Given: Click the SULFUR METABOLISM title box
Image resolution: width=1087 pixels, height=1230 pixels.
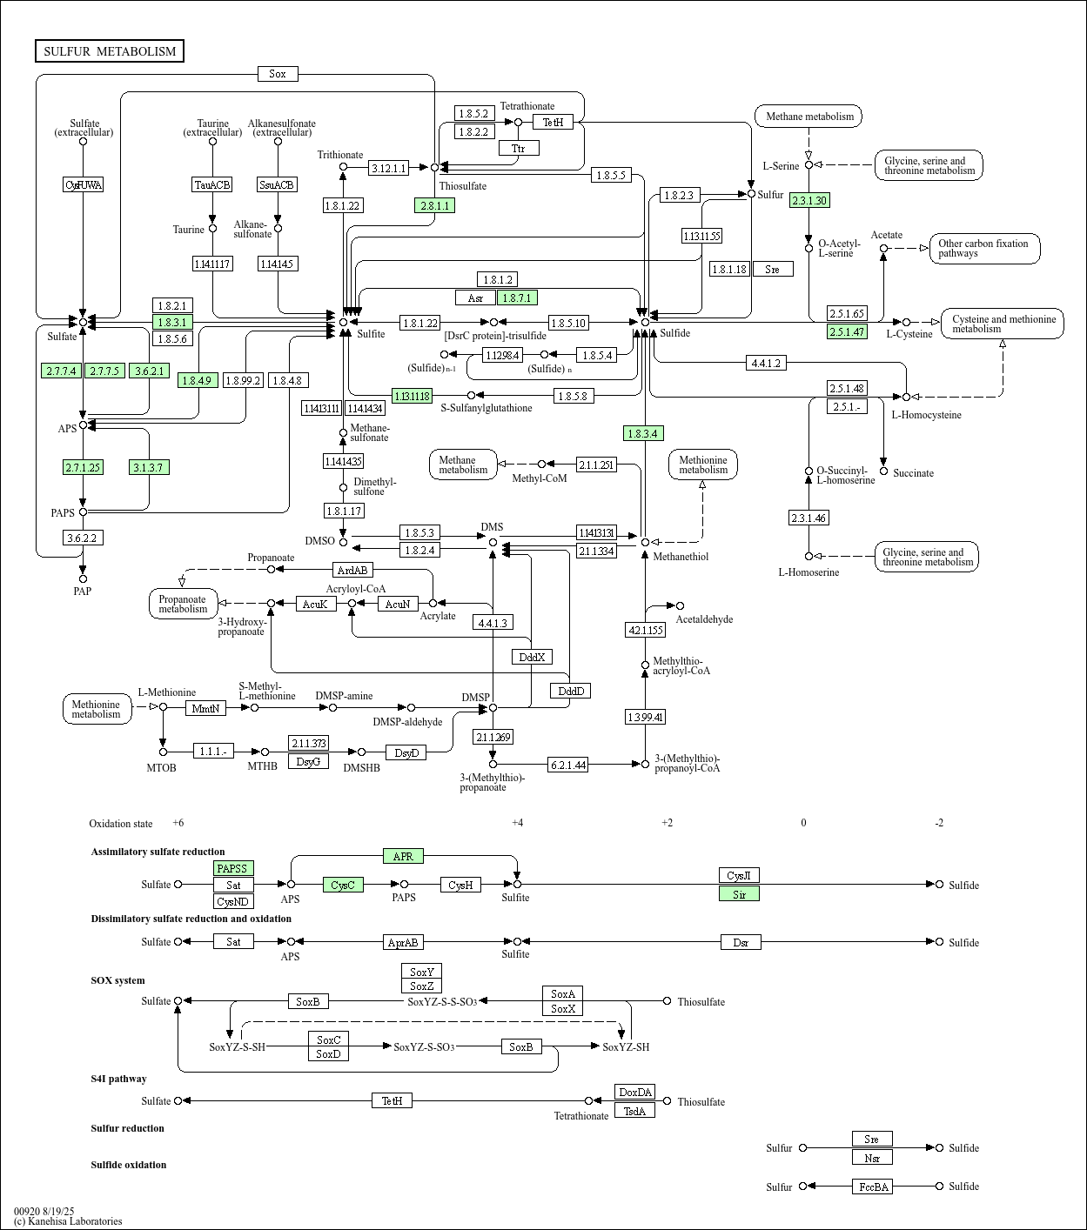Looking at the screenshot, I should pyautogui.click(x=110, y=51).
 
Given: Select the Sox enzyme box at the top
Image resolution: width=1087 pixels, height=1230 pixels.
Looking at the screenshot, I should pyautogui.click(x=278, y=74).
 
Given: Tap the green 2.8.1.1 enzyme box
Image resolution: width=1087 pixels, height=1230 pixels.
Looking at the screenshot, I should pyautogui.click(x=434, y=205).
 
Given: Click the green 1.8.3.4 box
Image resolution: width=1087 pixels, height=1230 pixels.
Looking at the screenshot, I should pyautogui.click(x=643, y=433).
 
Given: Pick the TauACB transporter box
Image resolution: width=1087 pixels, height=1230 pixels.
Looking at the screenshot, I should pyautogui.click(x=212, y=184).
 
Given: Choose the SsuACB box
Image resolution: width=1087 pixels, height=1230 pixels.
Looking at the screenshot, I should pyautogui.click(x=278, y=184).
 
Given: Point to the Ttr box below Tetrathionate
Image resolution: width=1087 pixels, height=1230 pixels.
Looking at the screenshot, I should pyautogui.click(x=519, y=148).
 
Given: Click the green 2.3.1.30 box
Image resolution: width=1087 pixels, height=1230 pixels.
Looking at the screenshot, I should pyautogui.click(x=809, y=200).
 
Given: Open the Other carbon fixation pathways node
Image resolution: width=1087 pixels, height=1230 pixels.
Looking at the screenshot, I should pyautogui.click(x=984, y=249).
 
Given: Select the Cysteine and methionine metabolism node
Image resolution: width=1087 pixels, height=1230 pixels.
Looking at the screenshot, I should pyautogui.click(x=1003, y=324).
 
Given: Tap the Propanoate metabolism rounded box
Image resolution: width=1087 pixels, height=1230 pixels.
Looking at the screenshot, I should pyautogui.click(x=183, y=604).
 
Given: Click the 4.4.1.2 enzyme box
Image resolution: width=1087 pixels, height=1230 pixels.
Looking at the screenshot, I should pyautogui.click(x=767, y=363).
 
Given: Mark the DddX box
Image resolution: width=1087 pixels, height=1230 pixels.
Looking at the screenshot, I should pyautogui.click(x=532, y=657).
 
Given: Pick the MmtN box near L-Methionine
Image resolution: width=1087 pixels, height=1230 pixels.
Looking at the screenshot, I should pyautogui.click(x=206, y=708).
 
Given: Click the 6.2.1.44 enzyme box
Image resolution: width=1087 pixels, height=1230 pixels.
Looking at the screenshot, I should pyautogui.click(x=568, y=765).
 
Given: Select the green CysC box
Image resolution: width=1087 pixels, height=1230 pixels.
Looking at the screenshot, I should pyautogui.click(x=343, y=885).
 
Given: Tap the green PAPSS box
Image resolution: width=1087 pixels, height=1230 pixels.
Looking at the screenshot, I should pyautogui.click(x=233, y=868).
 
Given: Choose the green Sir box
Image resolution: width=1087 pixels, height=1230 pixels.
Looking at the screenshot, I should pyautogui.click(x=739, y=893).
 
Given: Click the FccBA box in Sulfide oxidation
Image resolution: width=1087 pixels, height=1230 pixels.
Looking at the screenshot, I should pyautogui.click(x=872, y=1187).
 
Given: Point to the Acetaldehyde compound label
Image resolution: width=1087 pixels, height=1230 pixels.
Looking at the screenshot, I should pyautogui.click(x=704, y=619).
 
